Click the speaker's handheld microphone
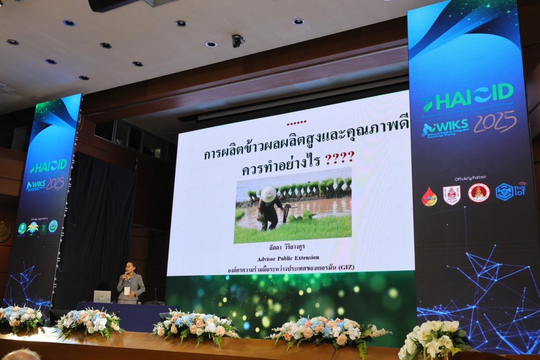[x=125, y=276]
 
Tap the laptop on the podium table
[x=102, y=296]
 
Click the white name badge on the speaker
[x=127, y=290]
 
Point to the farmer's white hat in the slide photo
[x=268, y=194]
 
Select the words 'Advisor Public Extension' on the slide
[x=288, y=257]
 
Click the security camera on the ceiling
[x=238, y=41]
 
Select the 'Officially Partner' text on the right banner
[x=470, y=178]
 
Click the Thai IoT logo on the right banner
[x=511, y=191]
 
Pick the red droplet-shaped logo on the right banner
[x=429, y=197]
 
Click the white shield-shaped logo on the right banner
[x=451, y=195]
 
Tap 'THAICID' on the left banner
[x=48, y=166]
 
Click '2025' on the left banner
[x=55, y=183]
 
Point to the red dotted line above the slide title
[x=296, y=123]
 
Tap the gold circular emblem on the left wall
[x=4, y=232]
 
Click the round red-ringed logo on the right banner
[x=479, y=193]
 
